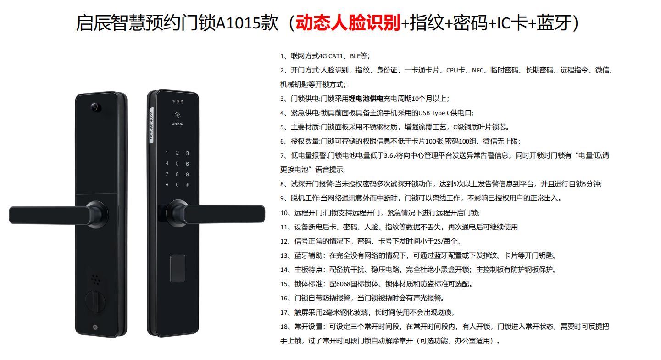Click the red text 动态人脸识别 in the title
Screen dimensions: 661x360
click(x=348, y=23)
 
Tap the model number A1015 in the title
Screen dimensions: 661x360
click(x=247, y=23)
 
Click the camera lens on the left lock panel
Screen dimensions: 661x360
click(x=95, y=107)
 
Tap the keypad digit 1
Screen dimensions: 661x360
click(x=167, y=153)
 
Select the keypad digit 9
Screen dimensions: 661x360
click(x=187, y=174)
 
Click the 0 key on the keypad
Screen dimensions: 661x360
click(x=177, y=185)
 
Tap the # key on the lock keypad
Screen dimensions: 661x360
click(x=187, y=185)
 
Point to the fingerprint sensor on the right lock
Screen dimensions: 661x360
click(x=178, y=269)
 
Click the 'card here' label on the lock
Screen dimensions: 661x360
click(x=178, y=124)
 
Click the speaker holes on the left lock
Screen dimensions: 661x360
click(x=95, y=280)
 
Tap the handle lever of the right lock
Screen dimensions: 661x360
click(x=224, y=214)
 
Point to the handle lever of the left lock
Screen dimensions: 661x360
click(x=50, y=215)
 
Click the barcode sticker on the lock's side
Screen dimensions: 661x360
click(x=151, y=125)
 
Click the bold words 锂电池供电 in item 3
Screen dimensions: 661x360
click(x=366, y=99)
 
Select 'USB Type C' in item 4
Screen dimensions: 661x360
click(x=435, y=113)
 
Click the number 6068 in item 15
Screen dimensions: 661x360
click(x=343, y=284)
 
